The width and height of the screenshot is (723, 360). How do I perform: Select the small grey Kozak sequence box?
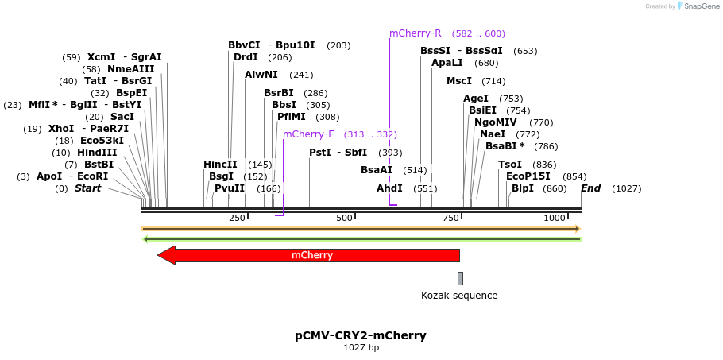click(460, 278)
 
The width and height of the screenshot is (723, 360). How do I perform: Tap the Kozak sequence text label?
click(459, 296)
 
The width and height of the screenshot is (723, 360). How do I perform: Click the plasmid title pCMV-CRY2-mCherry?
click(361, 335)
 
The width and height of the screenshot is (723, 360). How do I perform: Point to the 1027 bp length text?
click(361, 348)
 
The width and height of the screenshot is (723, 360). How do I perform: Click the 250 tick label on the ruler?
click(237, 218)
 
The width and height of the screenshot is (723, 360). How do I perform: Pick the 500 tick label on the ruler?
click(344, 218)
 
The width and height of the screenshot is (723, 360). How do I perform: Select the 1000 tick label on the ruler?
click(555, 218)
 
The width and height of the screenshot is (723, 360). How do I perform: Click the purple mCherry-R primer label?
click(415, 33)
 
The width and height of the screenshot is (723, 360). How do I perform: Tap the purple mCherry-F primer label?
click(308, 134)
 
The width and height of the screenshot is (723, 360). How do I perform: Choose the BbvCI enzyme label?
click(244, 45)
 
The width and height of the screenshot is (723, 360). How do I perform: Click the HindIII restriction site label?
click(97, 153)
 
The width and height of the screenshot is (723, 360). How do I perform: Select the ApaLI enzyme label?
click(447, 63)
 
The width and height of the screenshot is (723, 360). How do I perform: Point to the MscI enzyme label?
click(459, 81)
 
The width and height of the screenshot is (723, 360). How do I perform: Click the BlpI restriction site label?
click(523, 188)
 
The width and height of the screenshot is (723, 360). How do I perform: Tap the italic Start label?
click(87, 188)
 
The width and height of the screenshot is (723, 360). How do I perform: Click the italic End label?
click(590, 188)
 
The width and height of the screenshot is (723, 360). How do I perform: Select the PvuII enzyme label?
click(230, 188)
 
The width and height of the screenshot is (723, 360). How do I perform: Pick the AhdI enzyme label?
click(389, 188)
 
